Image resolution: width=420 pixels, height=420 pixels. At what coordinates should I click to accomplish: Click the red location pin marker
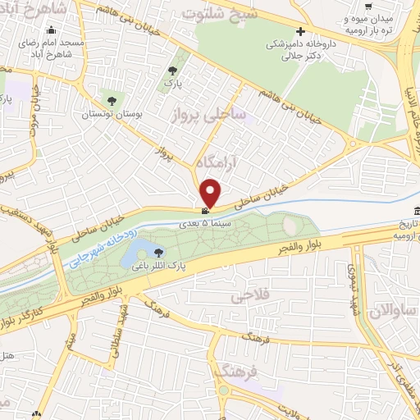point(211,192)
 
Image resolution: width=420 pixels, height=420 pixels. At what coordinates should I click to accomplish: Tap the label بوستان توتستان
point(112,116)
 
